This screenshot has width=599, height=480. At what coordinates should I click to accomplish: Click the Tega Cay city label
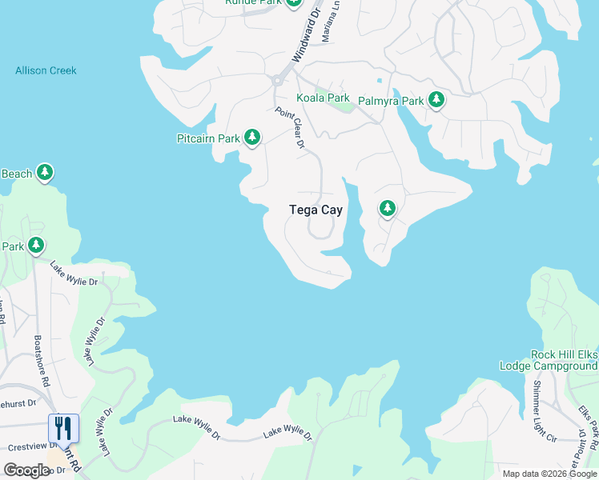click(316, 210)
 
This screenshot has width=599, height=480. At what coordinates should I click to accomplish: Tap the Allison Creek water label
click(46, 70)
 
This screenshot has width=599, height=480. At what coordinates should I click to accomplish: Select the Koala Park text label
click(323, 98)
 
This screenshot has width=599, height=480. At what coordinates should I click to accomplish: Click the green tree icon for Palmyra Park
click(436, 100)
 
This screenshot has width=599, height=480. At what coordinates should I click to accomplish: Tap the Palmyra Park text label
click(390, 101)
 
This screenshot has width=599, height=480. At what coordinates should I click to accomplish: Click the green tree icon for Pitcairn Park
click(252, 138)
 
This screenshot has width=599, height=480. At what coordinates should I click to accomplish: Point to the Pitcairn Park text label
click(208, 138)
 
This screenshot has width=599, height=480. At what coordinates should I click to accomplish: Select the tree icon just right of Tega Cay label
click(388, 209)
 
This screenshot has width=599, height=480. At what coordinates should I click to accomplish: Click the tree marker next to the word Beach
click(46, 172)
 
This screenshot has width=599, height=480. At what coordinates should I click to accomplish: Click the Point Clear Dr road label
click(290, 128)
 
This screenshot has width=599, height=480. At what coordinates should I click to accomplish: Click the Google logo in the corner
click(26, 470)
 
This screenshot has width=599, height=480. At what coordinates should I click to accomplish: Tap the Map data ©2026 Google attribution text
click(549, 474)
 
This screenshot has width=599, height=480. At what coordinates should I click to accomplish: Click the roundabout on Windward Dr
click(278, 80)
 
